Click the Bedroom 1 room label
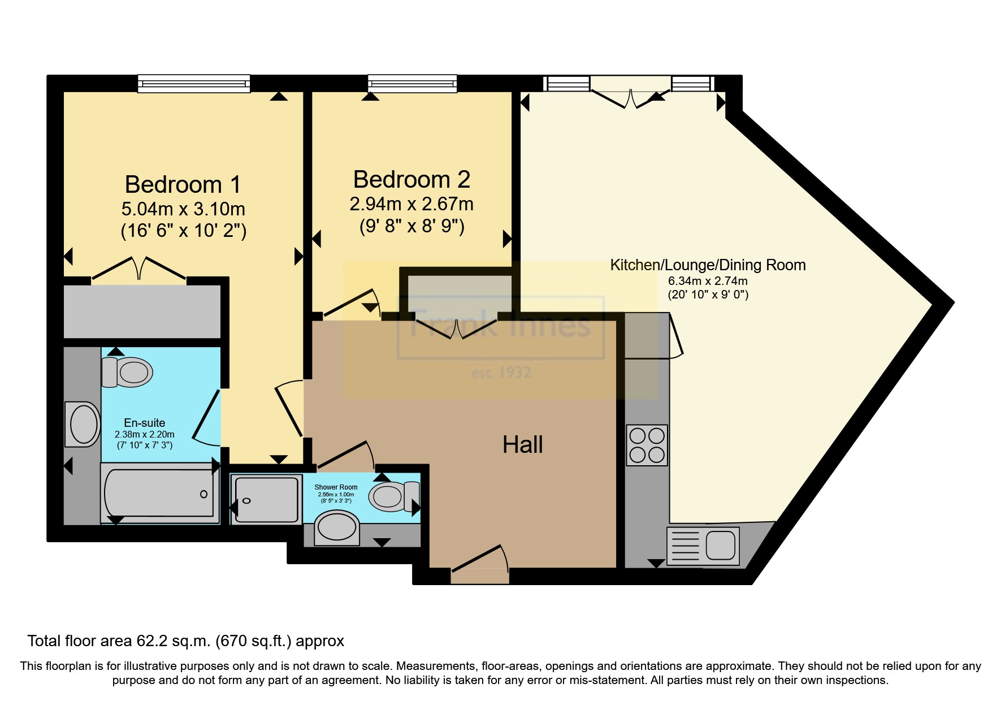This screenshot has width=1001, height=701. click(x=183, y=185)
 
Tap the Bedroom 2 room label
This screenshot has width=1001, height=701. click(x=411, y=180)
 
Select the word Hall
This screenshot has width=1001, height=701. click(x=523, y=444)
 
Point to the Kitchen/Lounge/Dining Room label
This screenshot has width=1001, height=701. click(x=708, y=265)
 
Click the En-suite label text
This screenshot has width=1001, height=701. click(x=145, y=423)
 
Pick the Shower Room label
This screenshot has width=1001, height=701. click(x=336, y=487)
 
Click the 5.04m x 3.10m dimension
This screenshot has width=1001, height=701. click(x=183, y=209)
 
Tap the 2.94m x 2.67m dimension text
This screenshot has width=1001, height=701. click(x=411, y=204)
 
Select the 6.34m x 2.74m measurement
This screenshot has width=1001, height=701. click(x=708, y=281)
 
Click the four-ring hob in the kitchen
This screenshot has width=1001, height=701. click(x=647, y=445)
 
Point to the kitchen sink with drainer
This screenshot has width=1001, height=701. click(x=703, y=546)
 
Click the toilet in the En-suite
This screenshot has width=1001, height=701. click(x=127, y=372)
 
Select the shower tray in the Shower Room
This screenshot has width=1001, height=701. click(x=266, y=500)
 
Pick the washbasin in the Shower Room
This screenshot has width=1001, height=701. click(x=337, y=528)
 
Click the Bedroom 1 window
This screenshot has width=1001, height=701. click(x=194, y=83)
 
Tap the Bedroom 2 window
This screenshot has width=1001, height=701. click(x=412, y=83)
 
